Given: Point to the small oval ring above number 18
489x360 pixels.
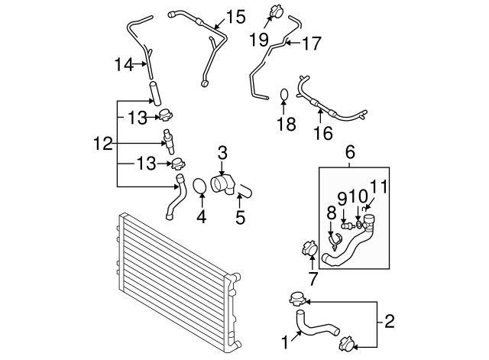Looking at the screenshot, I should click(283, 96).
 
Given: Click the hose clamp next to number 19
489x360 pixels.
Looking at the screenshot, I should click(275, 12).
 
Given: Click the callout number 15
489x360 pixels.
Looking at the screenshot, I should click(235, 15).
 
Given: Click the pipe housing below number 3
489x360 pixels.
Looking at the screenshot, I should click(222, 186).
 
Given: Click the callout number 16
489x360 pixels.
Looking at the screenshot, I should click(323, 133).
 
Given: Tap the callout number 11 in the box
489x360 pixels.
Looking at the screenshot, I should click(379, 186).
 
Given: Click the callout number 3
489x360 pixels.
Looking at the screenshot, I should click(222, 153).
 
